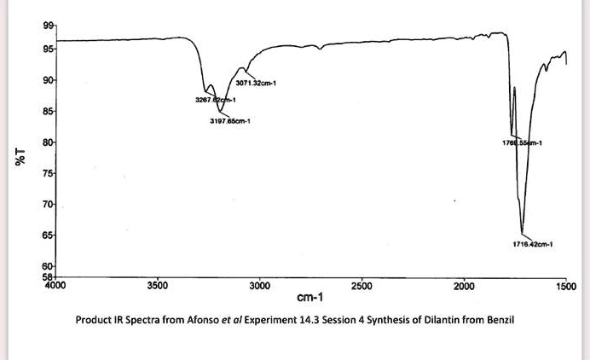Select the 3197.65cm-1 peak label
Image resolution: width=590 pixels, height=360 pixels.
pyautogui.click(x=229, y=122)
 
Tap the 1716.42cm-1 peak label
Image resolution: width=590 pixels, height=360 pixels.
pyautogui.click(x=534, y=243)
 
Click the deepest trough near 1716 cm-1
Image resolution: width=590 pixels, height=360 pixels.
pyautogui.click(x=523, y=231)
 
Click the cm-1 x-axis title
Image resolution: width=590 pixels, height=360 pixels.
pyautogui.click(x=309, y=298)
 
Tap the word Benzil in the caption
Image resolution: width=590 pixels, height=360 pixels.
pyautogui.click(x=500, y=321)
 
